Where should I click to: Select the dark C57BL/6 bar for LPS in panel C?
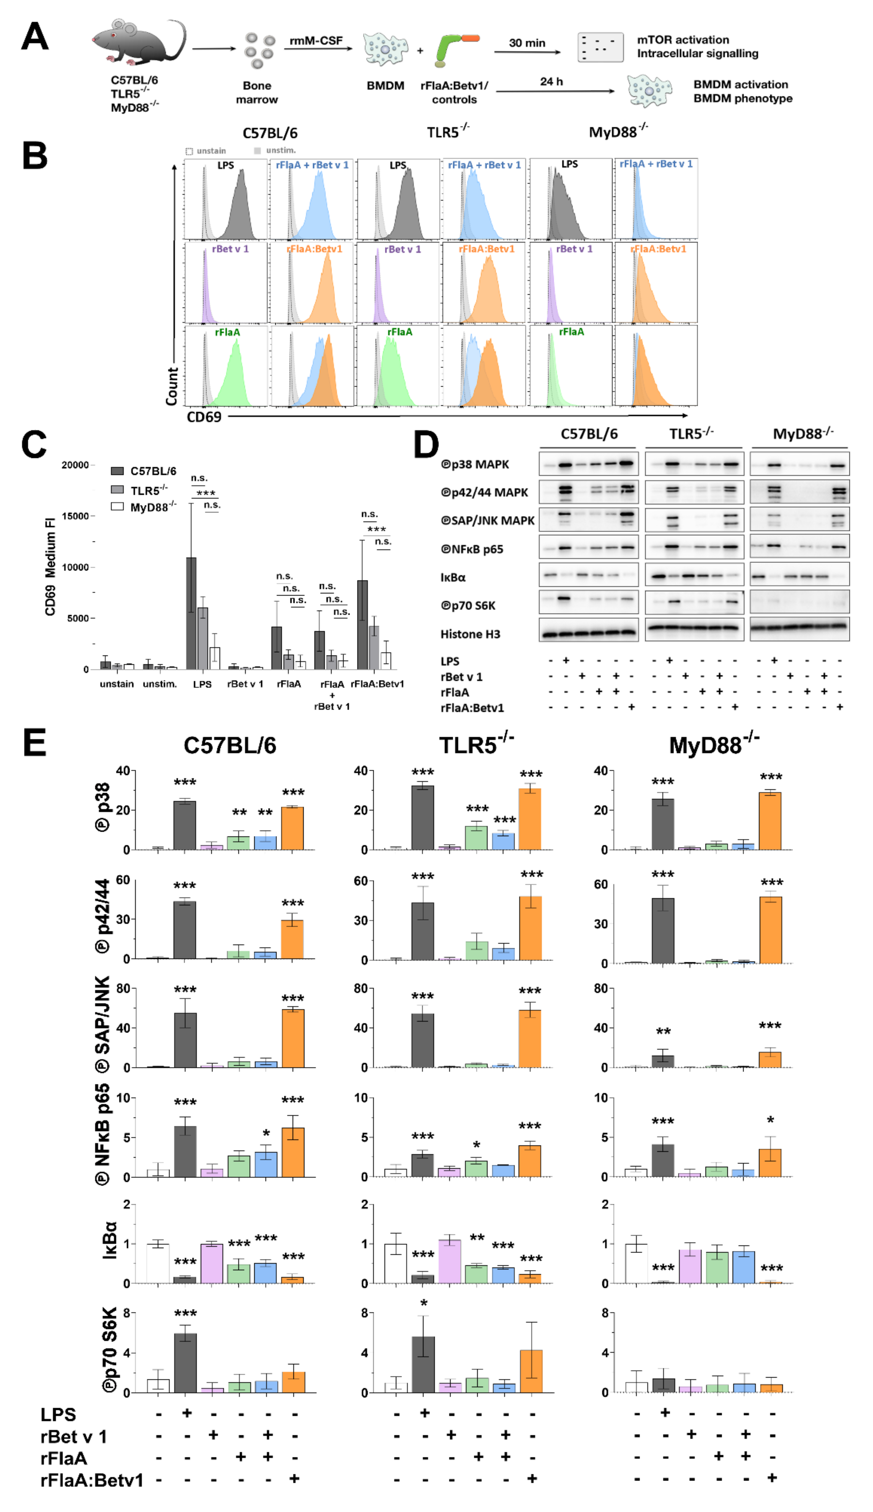pos(191,613)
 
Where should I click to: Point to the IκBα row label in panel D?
pos(453,577)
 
